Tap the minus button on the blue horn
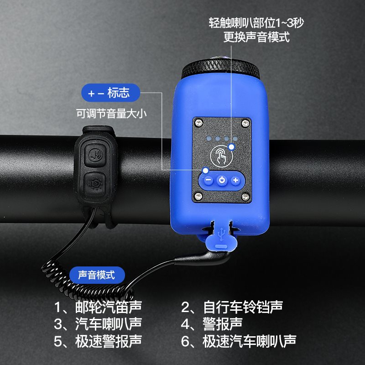pos(209,180)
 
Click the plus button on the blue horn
pos(235,180)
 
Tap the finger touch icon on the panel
pos(221,155)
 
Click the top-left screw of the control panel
pos(198,123)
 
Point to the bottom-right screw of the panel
pos(245,197)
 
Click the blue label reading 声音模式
pos(97,275)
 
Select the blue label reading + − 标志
pos(110,93)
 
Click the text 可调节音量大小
pos(111,114)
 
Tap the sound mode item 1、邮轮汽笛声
pos(98,307)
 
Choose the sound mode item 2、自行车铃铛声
pos(232,307)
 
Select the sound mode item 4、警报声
pos(212,324)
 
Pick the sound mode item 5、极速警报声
pos(98,341)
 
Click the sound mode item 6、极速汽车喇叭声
pos(239,341)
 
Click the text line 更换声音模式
pos(256,37)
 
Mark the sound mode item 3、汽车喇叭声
pos(98,324)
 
